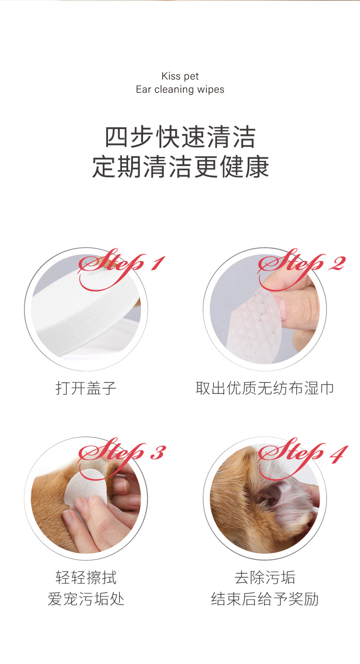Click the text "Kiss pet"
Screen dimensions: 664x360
(180, 76)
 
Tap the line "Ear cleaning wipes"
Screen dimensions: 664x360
(180, 90)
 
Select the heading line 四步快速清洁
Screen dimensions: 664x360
(180, 138)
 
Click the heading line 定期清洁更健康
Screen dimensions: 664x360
(180, 166)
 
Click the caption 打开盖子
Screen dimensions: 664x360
(86, 388)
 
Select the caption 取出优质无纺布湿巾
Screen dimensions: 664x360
(264, 388)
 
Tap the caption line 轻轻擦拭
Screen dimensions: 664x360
(86, 577)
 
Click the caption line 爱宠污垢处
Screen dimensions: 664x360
(86, 599)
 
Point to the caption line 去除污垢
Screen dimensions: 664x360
(264, 577)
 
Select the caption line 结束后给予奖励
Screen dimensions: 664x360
(264, 599)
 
